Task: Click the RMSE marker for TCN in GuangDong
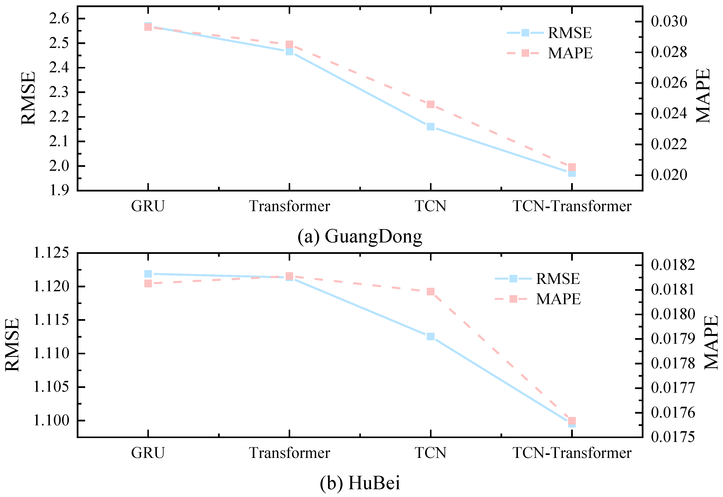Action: [x=430, y=127]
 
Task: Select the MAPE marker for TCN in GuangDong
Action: [x=430, y=104]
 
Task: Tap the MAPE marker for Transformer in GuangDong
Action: [x=289, y=44]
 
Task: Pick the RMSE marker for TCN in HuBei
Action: [x=430, y=336]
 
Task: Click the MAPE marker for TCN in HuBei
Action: [x=430, y=291]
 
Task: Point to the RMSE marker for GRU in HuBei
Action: [x=148, y=274]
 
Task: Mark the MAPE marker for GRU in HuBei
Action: [x=148, y=283]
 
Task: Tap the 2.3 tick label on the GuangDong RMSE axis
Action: [x=59, y=92]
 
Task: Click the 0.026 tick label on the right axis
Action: [x=669, y=83]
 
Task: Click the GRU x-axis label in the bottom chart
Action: [x=148, y=453]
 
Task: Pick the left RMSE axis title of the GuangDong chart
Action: [x=28, y=98]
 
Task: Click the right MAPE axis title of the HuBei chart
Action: [x=711, y=343]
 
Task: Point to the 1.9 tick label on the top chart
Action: [x=59, y=190]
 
